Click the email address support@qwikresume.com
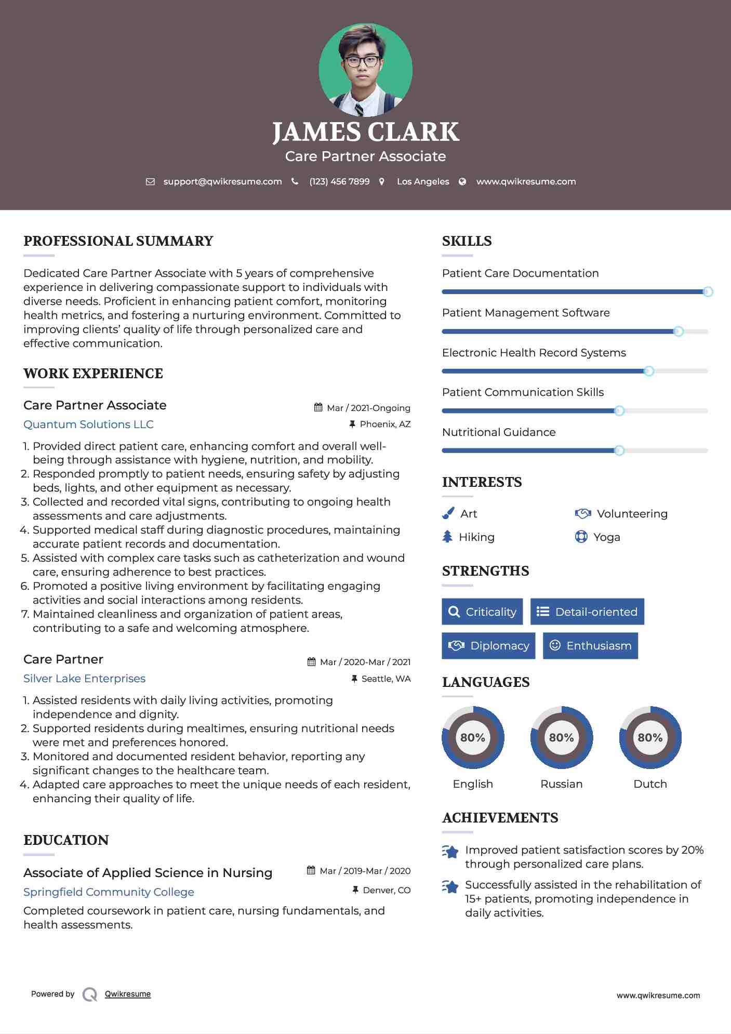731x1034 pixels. pos(222,181)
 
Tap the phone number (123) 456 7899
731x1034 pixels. pos(339,181)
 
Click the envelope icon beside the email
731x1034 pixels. pos(150,181)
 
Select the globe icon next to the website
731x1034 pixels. pos(462,181)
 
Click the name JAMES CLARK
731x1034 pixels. pos(365,132)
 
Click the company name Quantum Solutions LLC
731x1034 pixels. pos(88,425)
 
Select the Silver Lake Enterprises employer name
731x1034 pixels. pos(84,679)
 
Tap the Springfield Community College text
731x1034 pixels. pos(109,892)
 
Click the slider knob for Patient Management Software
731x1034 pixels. pos(678,332)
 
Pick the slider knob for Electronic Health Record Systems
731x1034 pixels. pos(648,371)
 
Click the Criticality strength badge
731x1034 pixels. pos(482,612)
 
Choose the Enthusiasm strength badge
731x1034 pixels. pos(590,645)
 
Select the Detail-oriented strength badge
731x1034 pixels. pos(587,612)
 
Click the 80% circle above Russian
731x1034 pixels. pos(561,737)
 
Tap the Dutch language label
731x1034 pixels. pos(650,784)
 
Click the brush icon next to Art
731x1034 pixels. pos(448,513)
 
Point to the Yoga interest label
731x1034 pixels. pos(607,537)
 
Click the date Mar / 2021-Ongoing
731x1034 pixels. pos(368,408)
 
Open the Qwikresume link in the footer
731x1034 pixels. pos(128,994)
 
